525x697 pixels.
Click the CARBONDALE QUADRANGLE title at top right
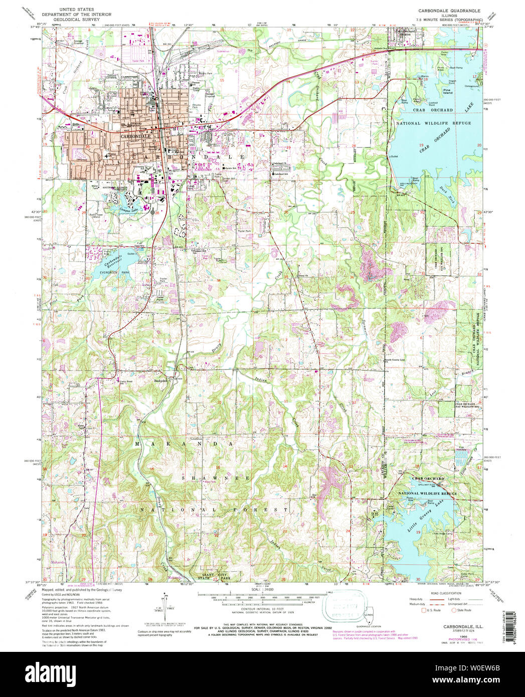click(446, 11)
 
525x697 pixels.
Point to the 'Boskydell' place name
click(160, 380)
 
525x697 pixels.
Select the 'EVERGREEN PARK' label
click(112, 271)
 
